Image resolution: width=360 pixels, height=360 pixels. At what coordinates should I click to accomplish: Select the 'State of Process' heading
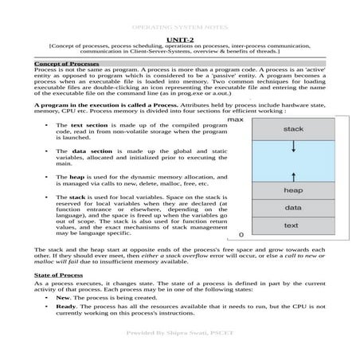(60, 273)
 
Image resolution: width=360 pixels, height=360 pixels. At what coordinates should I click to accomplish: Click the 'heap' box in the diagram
(292, 190)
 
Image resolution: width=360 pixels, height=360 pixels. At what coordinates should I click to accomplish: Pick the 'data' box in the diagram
(292, 207)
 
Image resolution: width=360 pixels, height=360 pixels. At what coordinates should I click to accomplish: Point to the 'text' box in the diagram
(292, 225)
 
